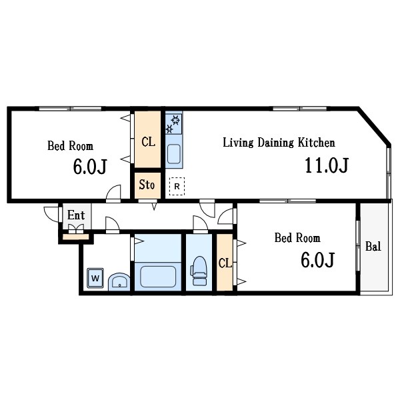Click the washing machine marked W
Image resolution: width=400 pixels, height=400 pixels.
click(x=95, y=278)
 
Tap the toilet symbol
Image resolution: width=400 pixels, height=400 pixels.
click(x=199, y=271)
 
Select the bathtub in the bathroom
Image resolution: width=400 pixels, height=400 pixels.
click(x=158, y=277)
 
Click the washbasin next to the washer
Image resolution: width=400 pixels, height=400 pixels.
click(x=119, y=282)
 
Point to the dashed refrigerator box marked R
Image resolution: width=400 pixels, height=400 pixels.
click(x=177, y=186)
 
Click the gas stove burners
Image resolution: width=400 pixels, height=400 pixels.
click(x=173, y=124)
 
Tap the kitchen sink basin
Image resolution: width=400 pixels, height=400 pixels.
click(x=174, y=154)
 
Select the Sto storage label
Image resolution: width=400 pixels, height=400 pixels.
click(x=147, y=185)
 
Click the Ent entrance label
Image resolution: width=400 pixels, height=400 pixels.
click(x=76, y=215)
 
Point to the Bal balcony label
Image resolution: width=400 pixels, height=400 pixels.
click(x=373, y=247)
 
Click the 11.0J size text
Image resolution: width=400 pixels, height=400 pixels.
click(x=327, y=165)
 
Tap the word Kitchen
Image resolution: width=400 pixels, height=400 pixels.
click(x=316, y=143)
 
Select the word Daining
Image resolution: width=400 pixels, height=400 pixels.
click(x=275, y=143)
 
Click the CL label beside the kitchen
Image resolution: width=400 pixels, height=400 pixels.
click(x=148, y=142)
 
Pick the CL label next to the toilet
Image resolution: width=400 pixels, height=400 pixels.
click(x=225, y=263)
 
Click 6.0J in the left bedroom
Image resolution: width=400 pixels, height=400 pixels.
click(x=90, y=167)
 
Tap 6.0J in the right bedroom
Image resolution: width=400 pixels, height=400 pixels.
click(x=317, y=260)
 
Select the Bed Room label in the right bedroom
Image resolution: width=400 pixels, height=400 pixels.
click(x=297, y=238)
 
